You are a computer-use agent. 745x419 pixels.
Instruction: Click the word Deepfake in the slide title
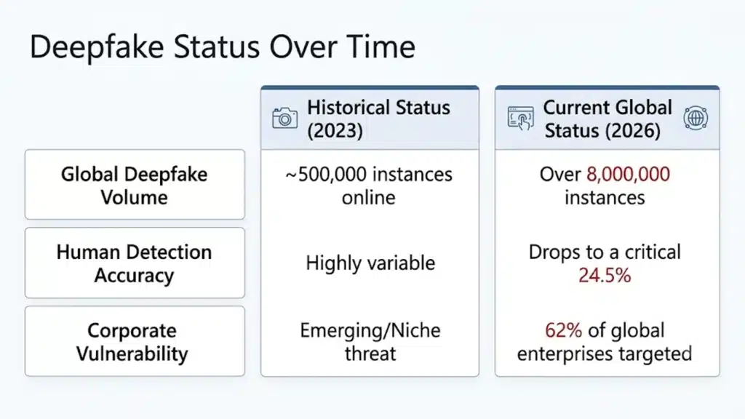click(97, 48)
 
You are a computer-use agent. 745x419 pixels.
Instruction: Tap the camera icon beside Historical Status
click(285, 118)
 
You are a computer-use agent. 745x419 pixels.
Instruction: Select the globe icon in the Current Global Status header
click(696, 118)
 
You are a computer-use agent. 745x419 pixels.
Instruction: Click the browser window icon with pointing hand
click(521, 119)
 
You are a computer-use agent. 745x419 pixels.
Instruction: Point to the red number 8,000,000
click(628, 175)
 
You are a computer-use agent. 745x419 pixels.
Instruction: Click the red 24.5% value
click(605, 276)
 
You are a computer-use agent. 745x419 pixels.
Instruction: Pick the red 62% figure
click(564, 330)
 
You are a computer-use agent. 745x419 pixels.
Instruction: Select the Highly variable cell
click(370, 263)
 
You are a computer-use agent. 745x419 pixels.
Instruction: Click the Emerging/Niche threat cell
click(370, 342)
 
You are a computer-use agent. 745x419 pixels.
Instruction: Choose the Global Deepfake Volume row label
click(135, 185)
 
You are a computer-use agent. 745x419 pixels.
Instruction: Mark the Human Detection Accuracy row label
click(135, 263)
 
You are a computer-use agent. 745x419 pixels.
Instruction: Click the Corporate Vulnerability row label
click(132, 342)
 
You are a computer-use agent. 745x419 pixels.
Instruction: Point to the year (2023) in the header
click(335, 131)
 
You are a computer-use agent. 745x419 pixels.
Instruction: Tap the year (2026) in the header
click(633, 131)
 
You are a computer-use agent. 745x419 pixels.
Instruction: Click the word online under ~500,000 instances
click(369, 198)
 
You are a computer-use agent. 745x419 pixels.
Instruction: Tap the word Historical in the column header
click(351, 108)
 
